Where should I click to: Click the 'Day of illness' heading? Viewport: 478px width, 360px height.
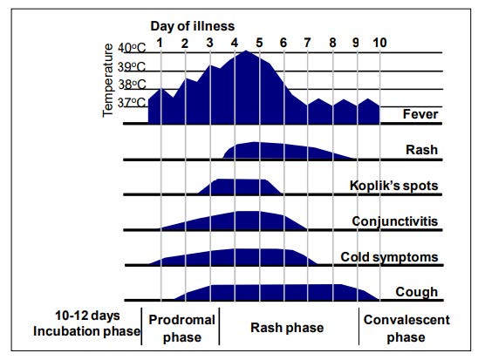coord(193,26)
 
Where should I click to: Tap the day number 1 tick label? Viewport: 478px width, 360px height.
coord(160,43)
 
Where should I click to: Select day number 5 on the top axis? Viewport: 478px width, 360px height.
coord(259,43)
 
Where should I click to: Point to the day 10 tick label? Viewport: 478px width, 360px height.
coord(379,43)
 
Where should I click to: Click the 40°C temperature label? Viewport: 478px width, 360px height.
coord(132,48)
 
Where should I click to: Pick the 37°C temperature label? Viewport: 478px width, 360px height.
coord(132,103)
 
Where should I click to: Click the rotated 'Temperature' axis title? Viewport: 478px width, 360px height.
coord(107,80)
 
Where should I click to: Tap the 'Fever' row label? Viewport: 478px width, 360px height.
coord(420,114)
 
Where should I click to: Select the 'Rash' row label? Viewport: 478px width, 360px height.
coord(421,150)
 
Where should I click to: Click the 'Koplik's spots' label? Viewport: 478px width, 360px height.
coord(393,186)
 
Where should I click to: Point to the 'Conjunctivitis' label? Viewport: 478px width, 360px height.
coord(395,221)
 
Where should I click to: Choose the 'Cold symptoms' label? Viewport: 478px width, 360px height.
coord(389,257)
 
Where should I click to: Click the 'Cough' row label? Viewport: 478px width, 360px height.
coord(417,292)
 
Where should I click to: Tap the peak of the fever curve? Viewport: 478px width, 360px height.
coord(246,51)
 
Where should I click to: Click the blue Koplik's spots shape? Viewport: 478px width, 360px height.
coord(240,187)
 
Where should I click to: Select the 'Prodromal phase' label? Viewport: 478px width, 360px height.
coord(182,329)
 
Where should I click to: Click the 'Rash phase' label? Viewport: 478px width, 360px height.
coord(287,328)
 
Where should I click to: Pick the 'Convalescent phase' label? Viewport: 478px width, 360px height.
coord(406,329)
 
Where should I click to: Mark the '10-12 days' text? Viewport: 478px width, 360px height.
coord(87,316)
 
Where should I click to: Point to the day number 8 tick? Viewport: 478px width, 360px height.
coord(332,43)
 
